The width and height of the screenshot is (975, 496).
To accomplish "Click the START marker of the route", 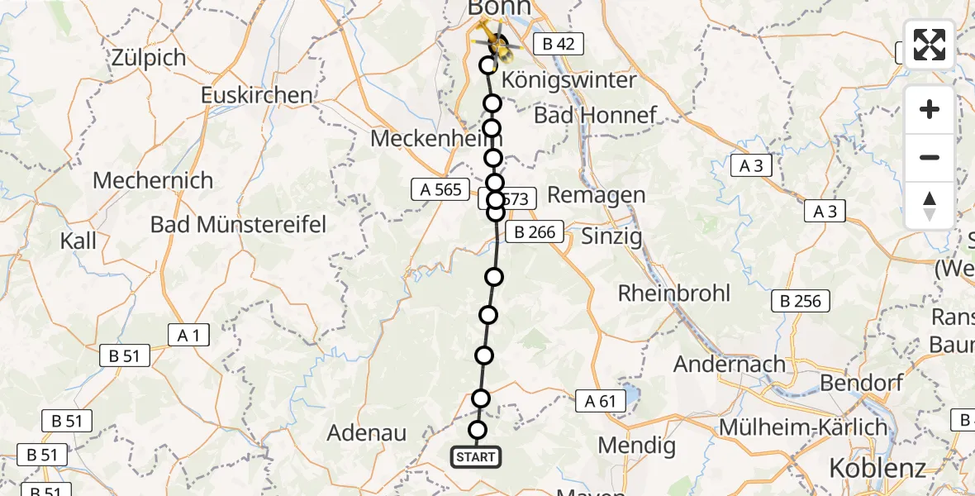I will click(x=475, y=456).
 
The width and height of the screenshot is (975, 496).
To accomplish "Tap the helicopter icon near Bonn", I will click(x=494, y=41).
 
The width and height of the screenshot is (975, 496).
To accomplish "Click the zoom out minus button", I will click(x=930, y=157).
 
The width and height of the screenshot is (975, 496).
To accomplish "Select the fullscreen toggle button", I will click(x=930, y=45).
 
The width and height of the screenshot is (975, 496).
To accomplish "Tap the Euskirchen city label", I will click(x=257, y=95).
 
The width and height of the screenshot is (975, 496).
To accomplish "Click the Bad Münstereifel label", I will click(x=239, y=223).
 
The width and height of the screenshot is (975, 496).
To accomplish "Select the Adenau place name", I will click(x=367, y=432).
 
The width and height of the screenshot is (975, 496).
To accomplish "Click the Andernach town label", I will click(x=729, y=364).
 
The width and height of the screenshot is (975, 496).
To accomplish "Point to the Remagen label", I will click(x=597, y=195).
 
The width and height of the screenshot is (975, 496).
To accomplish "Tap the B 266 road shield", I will click(x=535, y=232).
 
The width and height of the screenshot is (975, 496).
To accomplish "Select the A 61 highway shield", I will click(x=601, y=402).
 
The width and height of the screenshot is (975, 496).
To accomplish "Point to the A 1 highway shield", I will click(x=188, y=335).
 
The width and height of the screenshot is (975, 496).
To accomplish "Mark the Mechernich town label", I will click(x=153, y=180).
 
